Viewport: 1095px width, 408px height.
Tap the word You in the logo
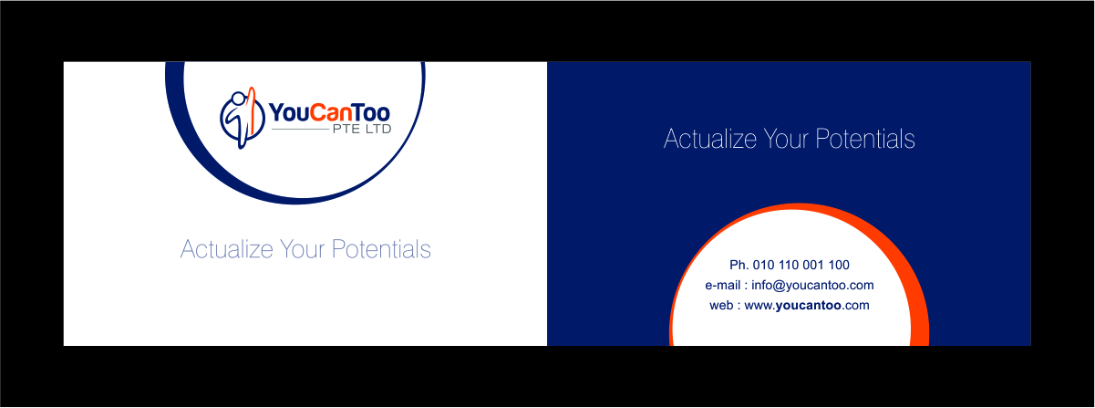tap(287, 112)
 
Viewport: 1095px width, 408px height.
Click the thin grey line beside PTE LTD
tap(300, 131)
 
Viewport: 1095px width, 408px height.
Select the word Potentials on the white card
tap(380, 249)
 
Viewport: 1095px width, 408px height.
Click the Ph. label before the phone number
tap(739, 266)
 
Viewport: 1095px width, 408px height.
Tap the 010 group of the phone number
tap(764, 266)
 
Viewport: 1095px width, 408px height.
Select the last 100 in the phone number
tap(838, 266)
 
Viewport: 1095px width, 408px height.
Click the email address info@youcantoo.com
tap(812, 286)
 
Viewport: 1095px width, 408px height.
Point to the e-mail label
tap(725, 286)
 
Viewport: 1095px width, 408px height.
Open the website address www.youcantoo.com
tap(807, 306)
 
